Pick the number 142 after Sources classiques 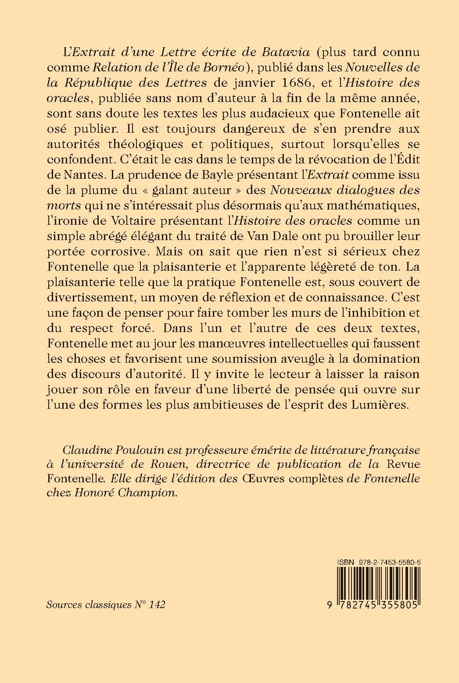pos(157,605)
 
